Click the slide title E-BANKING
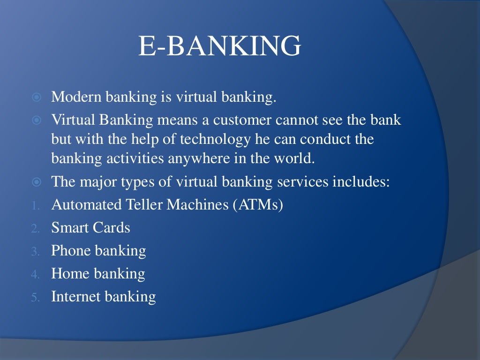(x=219, y=47)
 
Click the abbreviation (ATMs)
(x=256, y=205)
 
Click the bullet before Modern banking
(x=37, y=98)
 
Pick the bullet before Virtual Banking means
(x=37, y=120)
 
